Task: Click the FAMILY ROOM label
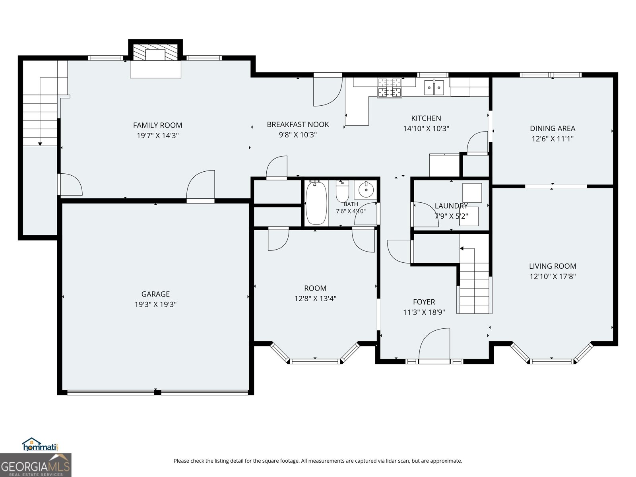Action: (158, 125)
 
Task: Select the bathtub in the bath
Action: (316, 203)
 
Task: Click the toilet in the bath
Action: (342, 191)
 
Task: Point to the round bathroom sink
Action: (366, 190)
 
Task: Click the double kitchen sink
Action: (434, 87)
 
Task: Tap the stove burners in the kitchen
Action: (390, 88)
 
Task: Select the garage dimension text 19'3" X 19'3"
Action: (155, 304)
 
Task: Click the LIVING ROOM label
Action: (553, 266)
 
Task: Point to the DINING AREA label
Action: (553, 128)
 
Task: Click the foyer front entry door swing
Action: (434, 344)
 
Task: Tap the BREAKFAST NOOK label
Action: (298, 124)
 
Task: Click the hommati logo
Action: (40, 444)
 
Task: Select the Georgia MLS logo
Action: (35, 465)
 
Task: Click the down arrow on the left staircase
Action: (40, 144)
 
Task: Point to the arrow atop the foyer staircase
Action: (461, 248)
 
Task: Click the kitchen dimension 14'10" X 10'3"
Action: (426, 128)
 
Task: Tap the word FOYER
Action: (424, 302)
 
